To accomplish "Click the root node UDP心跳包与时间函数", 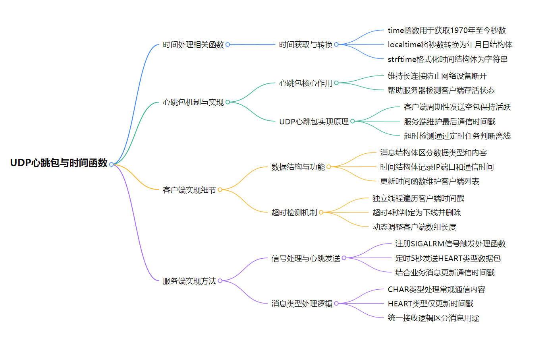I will [x=59, y=163].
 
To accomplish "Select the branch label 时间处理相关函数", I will [x=193, y=45].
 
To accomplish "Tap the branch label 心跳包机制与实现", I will [x=193, y=103].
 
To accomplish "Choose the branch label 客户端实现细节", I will [x=189, y=190].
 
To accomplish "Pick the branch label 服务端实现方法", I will [x=189, y=281].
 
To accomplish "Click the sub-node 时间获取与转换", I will [x=305, y=45].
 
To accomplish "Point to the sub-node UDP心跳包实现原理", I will [x=314, y=122].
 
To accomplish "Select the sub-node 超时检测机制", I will [x=294, y=213].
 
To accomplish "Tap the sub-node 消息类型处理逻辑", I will [x=301, y=304].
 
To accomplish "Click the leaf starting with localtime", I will [x=450, y=45].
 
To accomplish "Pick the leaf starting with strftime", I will [x=448, y=59].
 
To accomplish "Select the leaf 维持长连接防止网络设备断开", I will [x=437, y=76].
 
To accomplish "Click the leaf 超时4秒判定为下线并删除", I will [x=417, y=213].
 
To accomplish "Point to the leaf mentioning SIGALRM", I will [x=450, y=244].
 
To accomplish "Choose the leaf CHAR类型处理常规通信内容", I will [x=436, y=289].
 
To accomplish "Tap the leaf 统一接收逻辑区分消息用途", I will [x=433, y=318].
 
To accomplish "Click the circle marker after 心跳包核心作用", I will [x=336, y=83].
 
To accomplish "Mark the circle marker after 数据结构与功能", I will [x=329, y=167].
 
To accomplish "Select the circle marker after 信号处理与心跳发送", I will [x=344, y=258].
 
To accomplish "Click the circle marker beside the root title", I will [x=112, y=165].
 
